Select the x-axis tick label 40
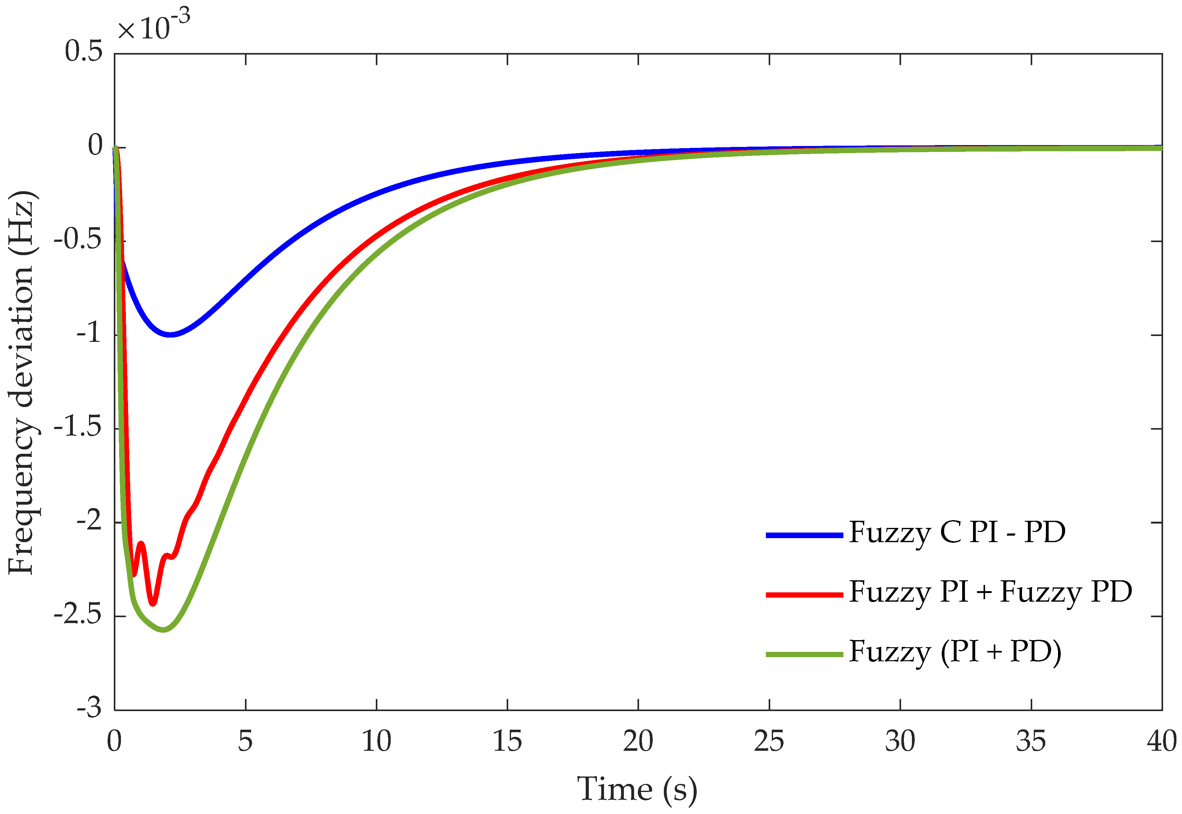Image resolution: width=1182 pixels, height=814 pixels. (x=1161, y=741)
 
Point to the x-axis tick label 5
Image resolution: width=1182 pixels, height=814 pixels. (x=245, y=741)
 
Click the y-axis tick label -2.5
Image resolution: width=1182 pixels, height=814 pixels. (x=78, y=615)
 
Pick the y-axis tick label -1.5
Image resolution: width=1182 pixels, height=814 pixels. (x=78, y=427)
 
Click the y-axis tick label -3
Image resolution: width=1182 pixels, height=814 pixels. (x=89, y=708)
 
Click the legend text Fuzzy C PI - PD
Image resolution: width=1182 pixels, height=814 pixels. (x=957, y=533)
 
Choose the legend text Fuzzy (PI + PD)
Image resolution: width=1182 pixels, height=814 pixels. (x=954, y=652)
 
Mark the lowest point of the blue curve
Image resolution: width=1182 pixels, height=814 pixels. (x=171, y=334)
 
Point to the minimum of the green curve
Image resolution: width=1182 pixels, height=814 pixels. (x=163, y=630)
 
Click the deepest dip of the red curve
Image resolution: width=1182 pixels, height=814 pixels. (x=152, y=603)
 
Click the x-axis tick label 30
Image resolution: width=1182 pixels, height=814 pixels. (x=900, y=741)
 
